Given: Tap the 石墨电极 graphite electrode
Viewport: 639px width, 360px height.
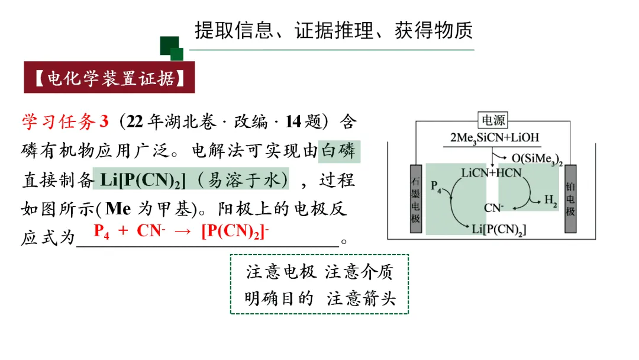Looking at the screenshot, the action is pyautogui.click(x=416, y=198).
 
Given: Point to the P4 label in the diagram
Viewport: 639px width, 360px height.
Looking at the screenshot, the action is pyautogui.click(x=436, y=187).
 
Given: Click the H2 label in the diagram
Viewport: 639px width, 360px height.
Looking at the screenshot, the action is pyautogui.click(x=551, y=201).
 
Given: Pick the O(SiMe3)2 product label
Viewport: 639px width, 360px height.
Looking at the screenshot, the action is pyautogui.click(x=537, y=159).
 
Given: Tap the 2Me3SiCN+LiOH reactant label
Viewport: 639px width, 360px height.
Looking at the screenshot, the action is pyautogui.click(x=494, y=137).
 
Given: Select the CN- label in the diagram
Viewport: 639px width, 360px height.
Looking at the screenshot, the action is pyautogui.click(x=493, y=208).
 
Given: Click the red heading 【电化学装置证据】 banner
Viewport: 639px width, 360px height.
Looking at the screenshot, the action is pyautogui.click(x=109, y=78).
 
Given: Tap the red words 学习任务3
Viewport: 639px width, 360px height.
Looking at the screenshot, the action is pyautogui.click(x=66, y=122).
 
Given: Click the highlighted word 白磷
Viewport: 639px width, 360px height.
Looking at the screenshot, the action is pyautogui.click(x=339, y=151).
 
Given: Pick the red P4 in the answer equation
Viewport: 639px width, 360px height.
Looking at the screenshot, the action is pyautogui.click(x=102, y=231).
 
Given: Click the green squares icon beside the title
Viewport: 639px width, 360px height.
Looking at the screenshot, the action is pyautogui.click(x=172, y=48).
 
